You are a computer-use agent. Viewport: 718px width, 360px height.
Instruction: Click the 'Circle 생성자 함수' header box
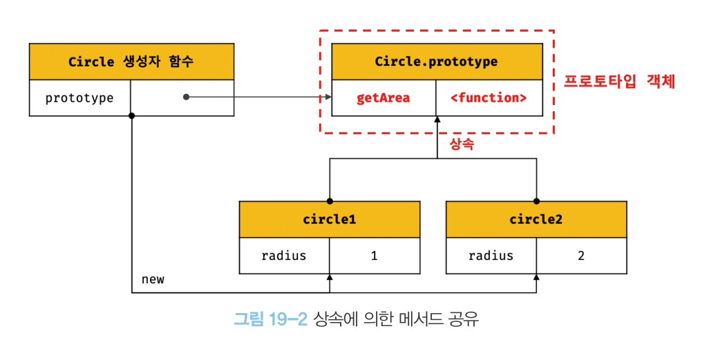click(x=131, y=61)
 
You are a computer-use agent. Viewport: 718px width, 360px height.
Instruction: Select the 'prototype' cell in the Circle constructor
click(x=79, y=98)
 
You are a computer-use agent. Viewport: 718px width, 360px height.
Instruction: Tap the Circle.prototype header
click(x=436, y=61)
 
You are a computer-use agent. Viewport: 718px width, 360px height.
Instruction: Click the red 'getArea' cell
click(x=384, y=98)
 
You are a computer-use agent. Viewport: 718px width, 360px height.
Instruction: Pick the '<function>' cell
click(x=489, y=98)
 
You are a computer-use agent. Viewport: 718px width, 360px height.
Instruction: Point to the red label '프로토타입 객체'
click(x=619, y=82)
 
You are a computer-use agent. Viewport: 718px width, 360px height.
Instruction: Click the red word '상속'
click(x=462, y=144)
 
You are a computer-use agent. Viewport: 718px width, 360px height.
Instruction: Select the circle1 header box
click(x=330, y=220)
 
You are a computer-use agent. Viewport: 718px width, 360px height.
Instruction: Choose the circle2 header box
click(x=536, y=220)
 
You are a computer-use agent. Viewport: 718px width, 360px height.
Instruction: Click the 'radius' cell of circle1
click(x=284, y=256)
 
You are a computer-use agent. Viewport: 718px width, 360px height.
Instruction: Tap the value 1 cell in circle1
click(x=375, y=256)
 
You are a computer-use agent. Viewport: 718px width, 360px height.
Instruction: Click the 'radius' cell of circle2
click(x=491, y=256)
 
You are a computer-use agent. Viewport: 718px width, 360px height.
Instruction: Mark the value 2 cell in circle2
click(x=581, y=256)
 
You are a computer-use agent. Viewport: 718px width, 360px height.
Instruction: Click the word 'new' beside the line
click(x=153, y=279)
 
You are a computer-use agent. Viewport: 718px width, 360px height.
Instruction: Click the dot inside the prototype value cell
click(x=187, y=97)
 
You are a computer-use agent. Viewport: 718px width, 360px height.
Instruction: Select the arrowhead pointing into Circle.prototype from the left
click(x=328, y=97)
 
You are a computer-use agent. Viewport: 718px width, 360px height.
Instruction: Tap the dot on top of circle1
click(x=330, y=201)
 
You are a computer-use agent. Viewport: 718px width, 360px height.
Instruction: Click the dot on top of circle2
click(x=536, y=201)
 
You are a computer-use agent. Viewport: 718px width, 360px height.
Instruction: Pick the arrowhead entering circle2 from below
click(x=536, y=277)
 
